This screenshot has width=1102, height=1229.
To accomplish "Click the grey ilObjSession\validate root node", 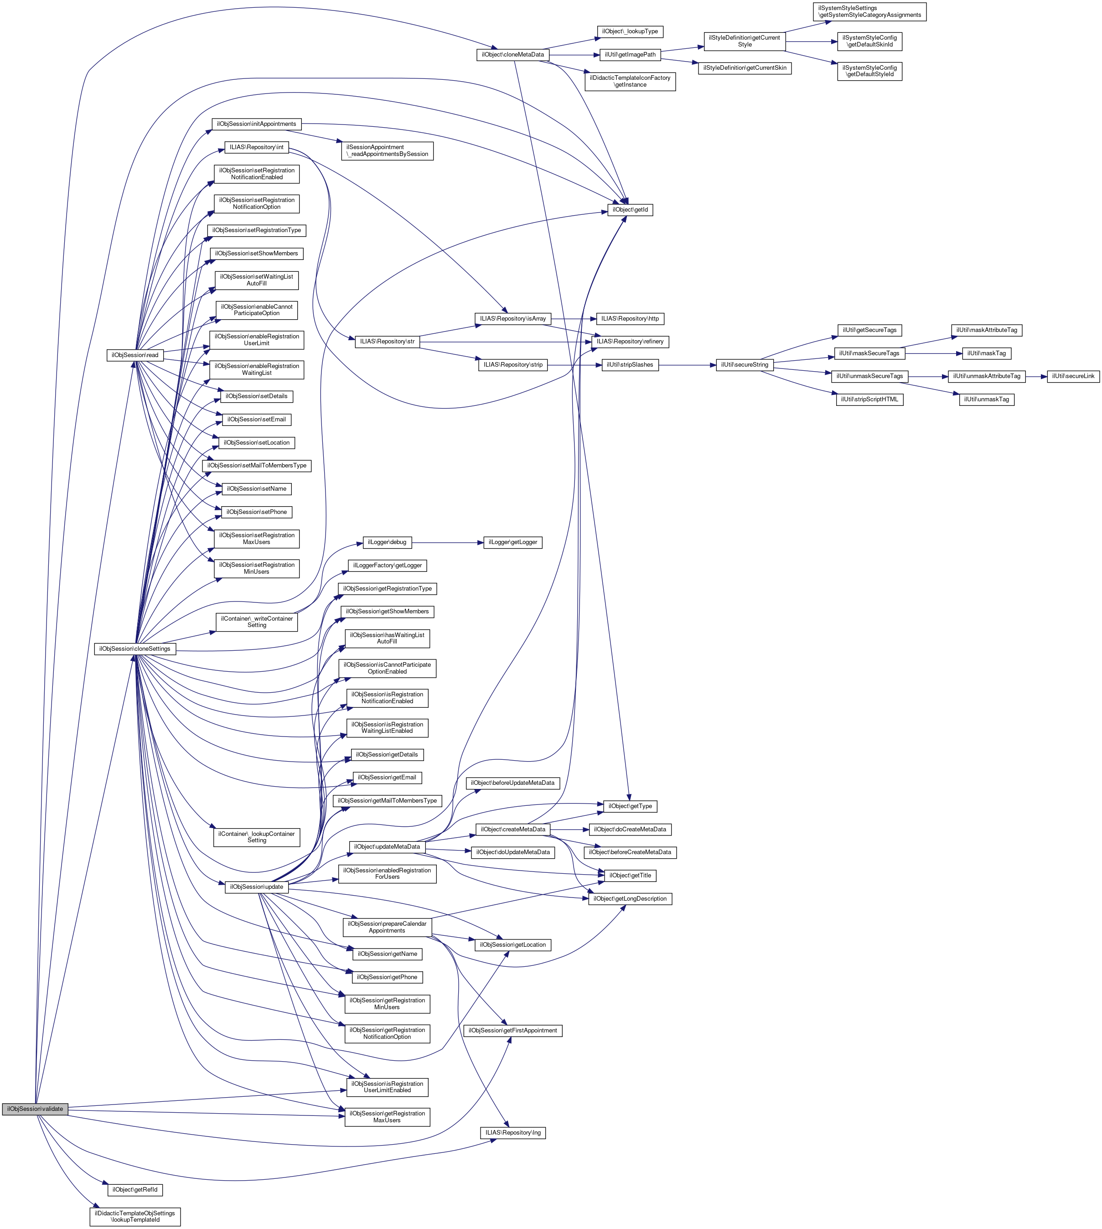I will pyautogui.click(x=35, y=1109).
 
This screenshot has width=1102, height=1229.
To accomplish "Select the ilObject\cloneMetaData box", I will pyautogui.click(x=512, y=55).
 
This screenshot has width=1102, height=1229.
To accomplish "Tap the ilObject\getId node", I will pyautogui.click(x=630, y=210).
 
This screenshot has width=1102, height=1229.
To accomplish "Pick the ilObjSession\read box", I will pyautogui.click(x=135, y=355).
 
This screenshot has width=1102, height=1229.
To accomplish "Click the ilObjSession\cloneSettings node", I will pyautogui.click(x=135, y=649).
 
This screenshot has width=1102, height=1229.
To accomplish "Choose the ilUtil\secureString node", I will pyautogui.click(x=744, y=365).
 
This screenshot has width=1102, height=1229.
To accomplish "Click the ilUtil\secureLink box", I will pyautogui.click(x=1073, y=376).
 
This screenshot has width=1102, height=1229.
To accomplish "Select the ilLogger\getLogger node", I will pyautogui.click(x=512, y=542).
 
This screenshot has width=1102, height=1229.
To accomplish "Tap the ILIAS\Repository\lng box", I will pyautogui.click(x=513, y=1133).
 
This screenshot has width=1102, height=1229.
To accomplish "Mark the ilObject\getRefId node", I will pyautogui.click(x=135, y=1190).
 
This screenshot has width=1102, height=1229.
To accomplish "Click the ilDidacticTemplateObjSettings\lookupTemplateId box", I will pyautogui.click(x=135, y=1216).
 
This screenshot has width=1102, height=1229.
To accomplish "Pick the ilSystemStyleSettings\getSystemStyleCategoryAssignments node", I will pyautogui.click(x=869, y=11).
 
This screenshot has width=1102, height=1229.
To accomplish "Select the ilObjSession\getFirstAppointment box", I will pyautogui.click(x=512, y=1030).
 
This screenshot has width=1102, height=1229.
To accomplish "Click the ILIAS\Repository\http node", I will pyautogui.click(x=630, y=319).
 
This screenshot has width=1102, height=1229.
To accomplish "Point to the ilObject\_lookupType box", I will pyautogui.click(x=630, y=31).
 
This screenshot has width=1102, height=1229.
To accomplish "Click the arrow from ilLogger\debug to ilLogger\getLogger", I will pyautogui.click(x=447, y=542).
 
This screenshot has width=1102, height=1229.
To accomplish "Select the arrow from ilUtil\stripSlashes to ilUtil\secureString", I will pyautogui.click(x=687, y=365).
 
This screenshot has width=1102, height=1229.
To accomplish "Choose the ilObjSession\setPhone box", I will pyautogui.click(x=256, y=512).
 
